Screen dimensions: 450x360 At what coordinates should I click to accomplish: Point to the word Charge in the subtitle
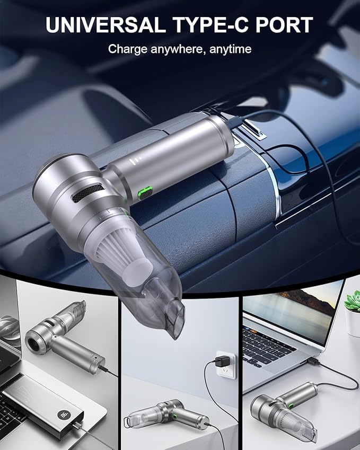click(127, 49)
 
